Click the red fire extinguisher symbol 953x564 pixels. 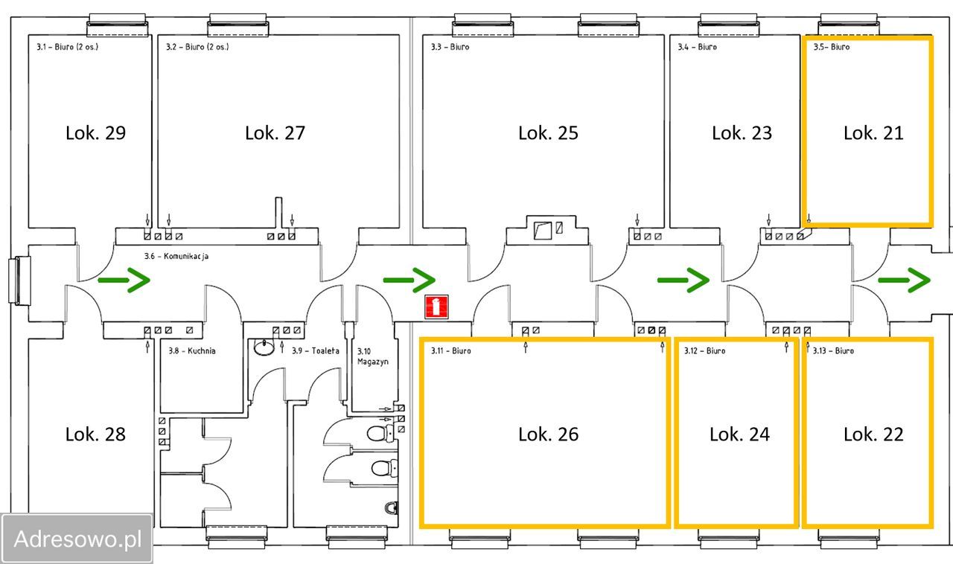click(x=436, y=307)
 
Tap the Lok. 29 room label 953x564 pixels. click(x=96, y=133)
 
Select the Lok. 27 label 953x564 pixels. click(x=275, y=133)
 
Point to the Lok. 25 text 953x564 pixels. click(x=549, y=133)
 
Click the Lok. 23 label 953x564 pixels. click(x=742, y=133)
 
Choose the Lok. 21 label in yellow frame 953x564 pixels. click(x=873, y=133)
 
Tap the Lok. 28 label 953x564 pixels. click(x=96, y=435)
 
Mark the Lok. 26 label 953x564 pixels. click(x=549, y=435)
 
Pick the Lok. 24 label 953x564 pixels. click(x=740, y=435)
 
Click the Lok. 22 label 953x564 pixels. click(x=873, y=435)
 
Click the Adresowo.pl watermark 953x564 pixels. click(x=77, y=539)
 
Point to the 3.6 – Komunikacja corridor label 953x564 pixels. click(x=176, y=256)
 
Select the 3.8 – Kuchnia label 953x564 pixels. click(x=192, y=351)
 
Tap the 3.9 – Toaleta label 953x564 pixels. click(x=316, y=351)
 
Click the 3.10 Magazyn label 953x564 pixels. click(x=373, y=356)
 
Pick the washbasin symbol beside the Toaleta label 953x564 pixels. click(x=264, y=347)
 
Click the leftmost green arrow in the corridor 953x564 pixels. click(x=124, y=280)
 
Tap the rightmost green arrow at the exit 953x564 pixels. click(x=905, y=280)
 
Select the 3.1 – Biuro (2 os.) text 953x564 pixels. click(x=67, y=47)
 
